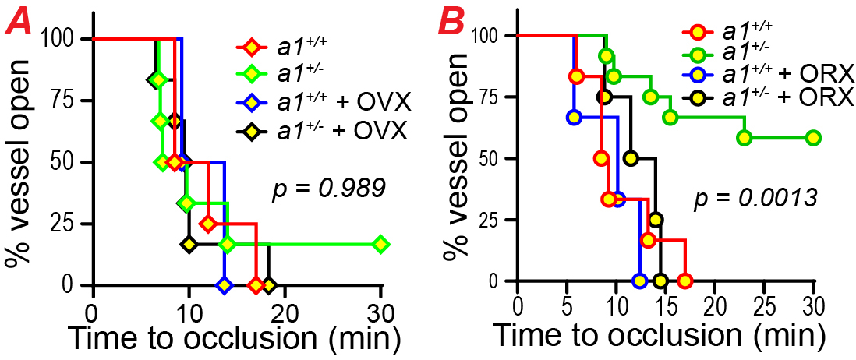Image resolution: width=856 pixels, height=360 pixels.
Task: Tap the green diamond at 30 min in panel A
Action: click(380, 244)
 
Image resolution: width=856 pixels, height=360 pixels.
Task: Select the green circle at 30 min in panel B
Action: click(813, 138)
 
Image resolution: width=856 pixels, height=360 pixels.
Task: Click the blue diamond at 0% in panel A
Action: click(225, 285)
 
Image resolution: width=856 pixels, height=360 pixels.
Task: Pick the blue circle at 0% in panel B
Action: click(640, 281)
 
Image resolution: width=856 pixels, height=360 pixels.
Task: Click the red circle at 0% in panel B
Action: click(684, 281)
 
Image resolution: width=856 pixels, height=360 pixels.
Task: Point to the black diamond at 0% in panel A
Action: click(268, 285)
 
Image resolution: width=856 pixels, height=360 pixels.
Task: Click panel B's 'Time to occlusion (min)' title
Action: click(659, 336)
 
